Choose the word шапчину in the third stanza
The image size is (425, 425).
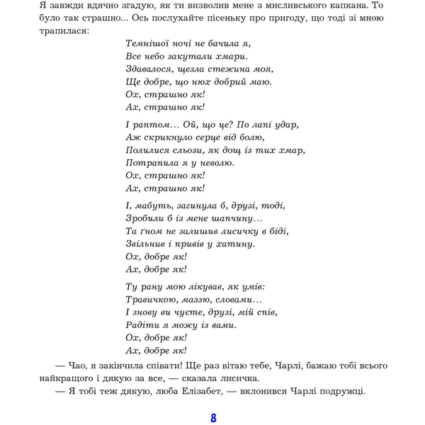(x=239, y=218)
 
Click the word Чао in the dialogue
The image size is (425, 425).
(x=76, y=365)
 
